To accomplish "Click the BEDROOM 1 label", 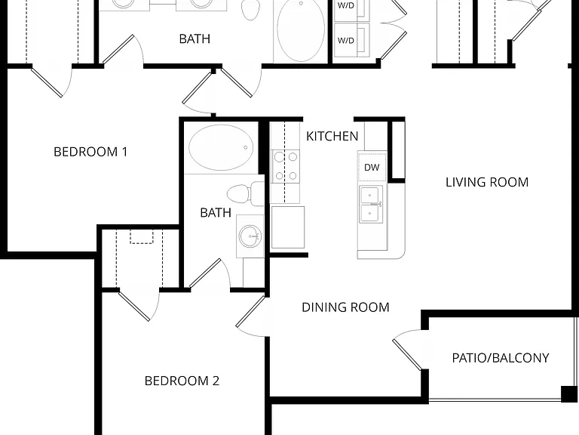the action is (x=90, y=152).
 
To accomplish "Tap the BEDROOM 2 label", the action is (x=182, y=381).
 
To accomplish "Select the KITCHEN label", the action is (x=332, y=136).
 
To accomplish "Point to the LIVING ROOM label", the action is (x=487, y=182).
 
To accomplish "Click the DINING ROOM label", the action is (x=345, y=307).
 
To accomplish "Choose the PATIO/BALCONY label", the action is (x=501, y=358).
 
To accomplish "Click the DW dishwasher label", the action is (x=372, y=167).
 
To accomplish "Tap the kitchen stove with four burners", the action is (x=286, y=166).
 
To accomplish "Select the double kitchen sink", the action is (x=371, y=204).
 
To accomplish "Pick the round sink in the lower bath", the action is (x=250, y=236).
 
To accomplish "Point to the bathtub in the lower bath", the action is (x=221, y=147).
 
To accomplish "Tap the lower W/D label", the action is (x=345, y=40).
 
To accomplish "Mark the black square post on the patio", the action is (x=568, y=394).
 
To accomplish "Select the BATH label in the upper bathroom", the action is (x=195, y=39).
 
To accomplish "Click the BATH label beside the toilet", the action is (x=216, y=212).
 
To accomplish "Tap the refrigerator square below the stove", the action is (x=288, y=227).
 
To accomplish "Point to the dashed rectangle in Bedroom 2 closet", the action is (x=142, y=236).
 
